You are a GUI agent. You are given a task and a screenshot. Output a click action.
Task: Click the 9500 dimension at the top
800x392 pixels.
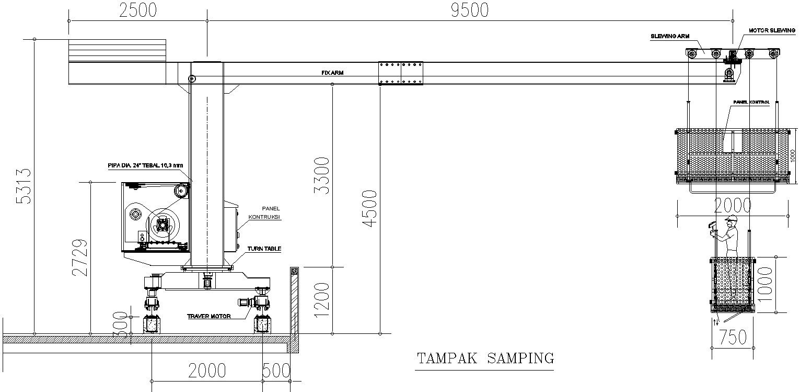[x=469, y=10]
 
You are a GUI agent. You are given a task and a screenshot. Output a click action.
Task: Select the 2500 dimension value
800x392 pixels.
[x=137, y=10]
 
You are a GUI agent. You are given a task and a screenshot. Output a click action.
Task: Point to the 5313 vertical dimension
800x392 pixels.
[x=24, y=186]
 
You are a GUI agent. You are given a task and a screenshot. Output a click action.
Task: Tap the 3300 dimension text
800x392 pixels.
[x=323, y=175]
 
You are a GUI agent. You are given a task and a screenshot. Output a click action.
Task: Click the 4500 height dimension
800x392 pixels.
[x=369, y=208]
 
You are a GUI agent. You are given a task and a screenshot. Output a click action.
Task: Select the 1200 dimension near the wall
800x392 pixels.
[x=323, y=299]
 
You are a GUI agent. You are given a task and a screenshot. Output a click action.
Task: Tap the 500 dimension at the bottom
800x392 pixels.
[x=276, y=371]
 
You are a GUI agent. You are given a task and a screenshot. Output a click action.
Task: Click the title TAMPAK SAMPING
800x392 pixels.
[x=485, y=359]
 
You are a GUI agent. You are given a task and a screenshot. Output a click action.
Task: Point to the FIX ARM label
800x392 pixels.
[x=332, y=73]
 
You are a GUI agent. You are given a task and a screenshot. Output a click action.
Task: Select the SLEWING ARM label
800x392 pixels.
[x=670, y=37]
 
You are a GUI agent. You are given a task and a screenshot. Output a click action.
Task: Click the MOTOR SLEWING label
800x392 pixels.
[x=771, y=31]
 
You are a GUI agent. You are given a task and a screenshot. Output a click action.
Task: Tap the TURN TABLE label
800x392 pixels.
[x=264, y=249]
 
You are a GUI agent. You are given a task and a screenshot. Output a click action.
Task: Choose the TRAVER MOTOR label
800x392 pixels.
[x=209, y=316]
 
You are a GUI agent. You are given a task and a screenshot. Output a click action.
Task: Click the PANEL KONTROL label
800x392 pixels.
[x=751, y=102]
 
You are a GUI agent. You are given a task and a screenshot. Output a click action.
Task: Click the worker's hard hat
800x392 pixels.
[x=732, y=218]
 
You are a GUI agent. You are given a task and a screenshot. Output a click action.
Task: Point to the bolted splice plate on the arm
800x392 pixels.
[x=401, y=73]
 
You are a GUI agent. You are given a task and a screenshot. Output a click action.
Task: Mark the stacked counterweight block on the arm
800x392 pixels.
[x=118, y=50]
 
